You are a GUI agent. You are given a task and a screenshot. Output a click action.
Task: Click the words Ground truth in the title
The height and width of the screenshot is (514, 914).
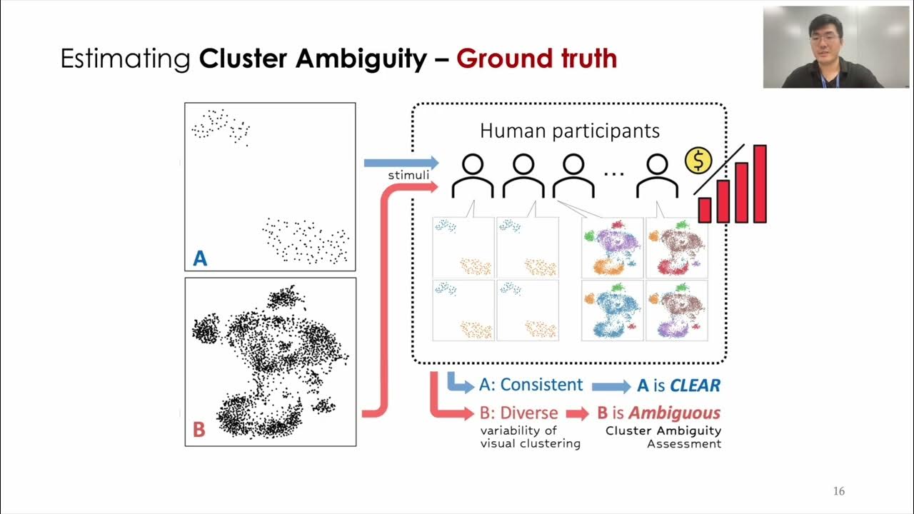point(536,59)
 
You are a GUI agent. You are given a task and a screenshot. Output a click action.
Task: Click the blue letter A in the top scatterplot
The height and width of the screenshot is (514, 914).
point(200,258)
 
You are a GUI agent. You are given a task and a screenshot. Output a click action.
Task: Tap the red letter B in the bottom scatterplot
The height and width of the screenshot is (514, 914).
point(199,430)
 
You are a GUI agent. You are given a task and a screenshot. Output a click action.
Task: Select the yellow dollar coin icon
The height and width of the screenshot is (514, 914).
point(698,161)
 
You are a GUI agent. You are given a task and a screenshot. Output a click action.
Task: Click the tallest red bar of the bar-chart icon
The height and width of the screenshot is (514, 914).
point(760,183)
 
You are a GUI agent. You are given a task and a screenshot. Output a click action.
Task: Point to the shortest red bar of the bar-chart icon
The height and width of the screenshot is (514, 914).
point(705,210)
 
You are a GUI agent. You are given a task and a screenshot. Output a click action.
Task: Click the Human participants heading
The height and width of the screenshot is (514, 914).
point(570,131)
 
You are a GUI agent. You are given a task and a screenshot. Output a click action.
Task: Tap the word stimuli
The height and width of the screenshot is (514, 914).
point(408,175)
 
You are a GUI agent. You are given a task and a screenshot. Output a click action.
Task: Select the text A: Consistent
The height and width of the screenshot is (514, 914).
point(531,385)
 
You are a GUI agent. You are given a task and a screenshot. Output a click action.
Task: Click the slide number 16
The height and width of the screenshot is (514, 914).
point(839,491)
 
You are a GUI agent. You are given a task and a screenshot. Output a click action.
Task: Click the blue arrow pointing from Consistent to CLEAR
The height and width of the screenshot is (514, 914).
point(611,386)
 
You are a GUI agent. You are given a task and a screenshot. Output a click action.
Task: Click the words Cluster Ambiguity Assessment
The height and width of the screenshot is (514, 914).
point(663,437)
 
